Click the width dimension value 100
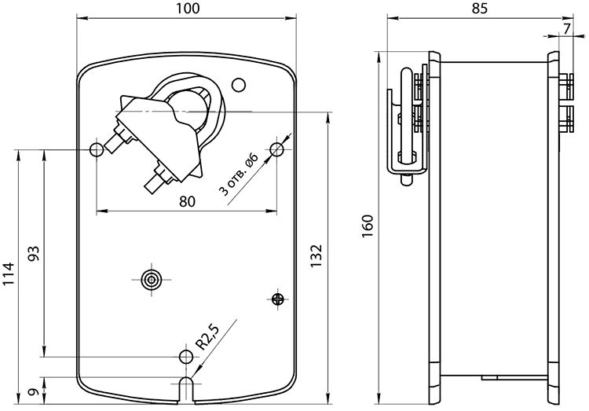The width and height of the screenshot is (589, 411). point(188,9)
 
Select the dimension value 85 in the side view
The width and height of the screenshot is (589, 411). point(480,9)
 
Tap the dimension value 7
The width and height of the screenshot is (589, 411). point(567,28)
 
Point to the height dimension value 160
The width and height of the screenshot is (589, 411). point(368,226)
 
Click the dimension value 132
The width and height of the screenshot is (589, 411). point(316,255)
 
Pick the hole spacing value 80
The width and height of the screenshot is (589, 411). point(187,201)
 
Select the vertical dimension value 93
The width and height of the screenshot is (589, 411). point(34,254)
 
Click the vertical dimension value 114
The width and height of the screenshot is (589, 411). point(9,274)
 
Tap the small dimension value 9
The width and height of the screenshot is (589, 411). point(34,392)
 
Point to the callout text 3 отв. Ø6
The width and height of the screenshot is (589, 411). point(239,175)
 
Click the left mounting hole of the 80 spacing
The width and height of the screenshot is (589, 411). point(97,150)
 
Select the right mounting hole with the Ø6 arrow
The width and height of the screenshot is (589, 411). point(277,149)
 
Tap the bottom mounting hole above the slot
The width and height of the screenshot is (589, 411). point(186,356)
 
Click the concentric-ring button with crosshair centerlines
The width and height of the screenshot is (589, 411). point(152,280)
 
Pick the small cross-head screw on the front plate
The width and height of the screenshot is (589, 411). point(277,299)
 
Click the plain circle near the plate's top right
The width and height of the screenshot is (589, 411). point(239,85)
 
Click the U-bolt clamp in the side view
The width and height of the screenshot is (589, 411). point(407,124)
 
